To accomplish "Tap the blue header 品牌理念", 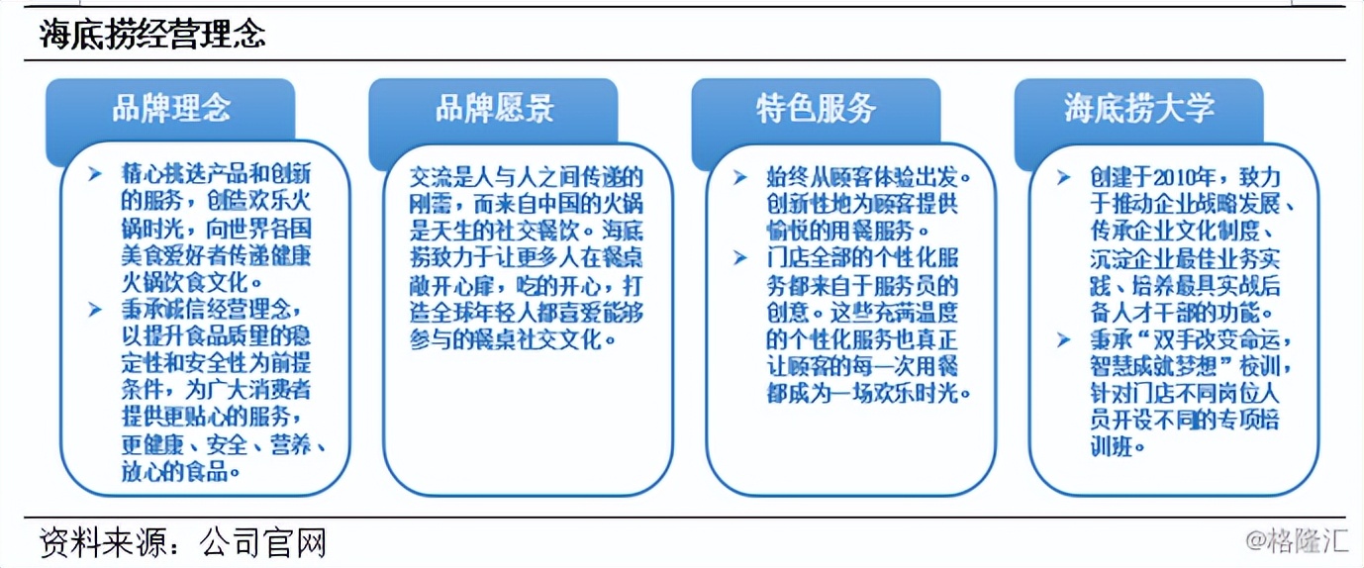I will click(170, 108).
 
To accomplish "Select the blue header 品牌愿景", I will click(494, 108).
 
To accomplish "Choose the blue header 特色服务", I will click(816, 108).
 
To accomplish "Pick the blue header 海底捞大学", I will click(1139, 108).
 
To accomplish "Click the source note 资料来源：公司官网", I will click(183, 542).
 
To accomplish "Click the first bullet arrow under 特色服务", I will click(740, 178).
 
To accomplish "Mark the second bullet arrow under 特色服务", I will click(740, 258).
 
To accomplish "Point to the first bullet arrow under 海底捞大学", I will click(1063, 178).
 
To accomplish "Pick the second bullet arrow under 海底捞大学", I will click(1063, 339).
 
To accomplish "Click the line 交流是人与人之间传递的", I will click(527, 178).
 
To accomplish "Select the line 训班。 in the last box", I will click(1114, 446).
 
